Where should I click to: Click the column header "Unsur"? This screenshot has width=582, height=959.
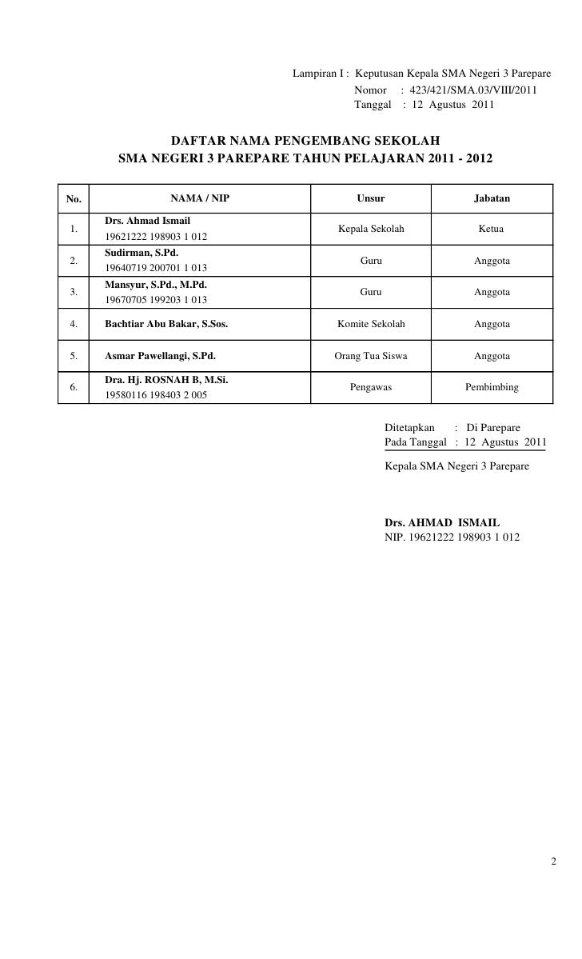370,198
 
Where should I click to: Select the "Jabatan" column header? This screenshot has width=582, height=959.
492,198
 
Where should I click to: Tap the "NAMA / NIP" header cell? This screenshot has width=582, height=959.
200,198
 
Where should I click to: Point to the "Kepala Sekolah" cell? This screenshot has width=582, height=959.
371,230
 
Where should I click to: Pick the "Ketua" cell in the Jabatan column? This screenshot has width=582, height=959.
491,230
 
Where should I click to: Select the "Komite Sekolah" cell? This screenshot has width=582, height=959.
371,325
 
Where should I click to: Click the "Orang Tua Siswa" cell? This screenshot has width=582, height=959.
371,356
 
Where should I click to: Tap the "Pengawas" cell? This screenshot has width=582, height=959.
371,387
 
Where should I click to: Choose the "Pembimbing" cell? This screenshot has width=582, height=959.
492,387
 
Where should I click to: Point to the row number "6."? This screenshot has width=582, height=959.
74,387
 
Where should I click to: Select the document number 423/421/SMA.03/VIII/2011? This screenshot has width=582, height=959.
473,90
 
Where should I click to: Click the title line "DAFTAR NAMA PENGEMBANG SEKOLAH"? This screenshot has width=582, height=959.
306,141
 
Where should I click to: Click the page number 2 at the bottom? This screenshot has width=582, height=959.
553,862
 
